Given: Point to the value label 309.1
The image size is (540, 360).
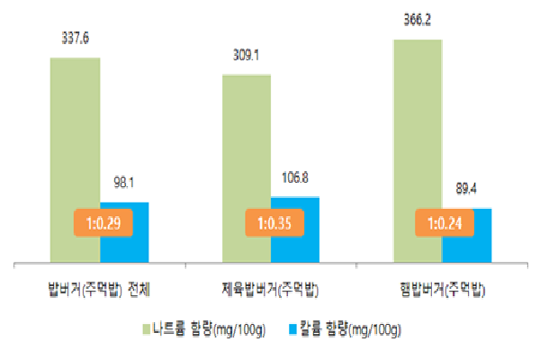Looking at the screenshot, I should (247, 55).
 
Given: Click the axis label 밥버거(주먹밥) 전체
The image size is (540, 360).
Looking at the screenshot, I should (100, 290).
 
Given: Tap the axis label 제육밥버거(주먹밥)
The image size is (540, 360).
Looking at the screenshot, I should (271, 290).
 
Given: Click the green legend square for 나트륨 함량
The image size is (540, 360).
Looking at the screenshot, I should (148, 329).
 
